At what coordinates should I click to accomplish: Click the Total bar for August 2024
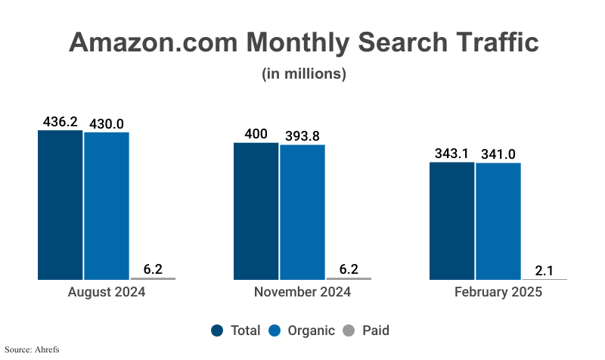60,204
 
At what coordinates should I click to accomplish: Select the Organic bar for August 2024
107,206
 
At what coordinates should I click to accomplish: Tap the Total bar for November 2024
256,211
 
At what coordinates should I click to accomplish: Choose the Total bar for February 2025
451,221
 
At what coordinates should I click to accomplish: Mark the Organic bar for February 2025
498,222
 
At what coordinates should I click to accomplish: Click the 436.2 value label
60,121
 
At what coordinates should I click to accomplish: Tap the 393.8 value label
302,135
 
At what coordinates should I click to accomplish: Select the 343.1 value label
451,154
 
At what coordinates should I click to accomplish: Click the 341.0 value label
498,154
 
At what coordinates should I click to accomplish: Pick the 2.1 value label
544,270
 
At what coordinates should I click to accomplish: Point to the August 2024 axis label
107,292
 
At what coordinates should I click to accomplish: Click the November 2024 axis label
302,292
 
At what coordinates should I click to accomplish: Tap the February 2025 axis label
498,292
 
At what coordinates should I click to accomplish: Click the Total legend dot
218,331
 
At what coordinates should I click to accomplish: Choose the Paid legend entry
366,331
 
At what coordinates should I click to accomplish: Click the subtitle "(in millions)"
303,74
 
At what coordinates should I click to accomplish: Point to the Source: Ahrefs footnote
32,349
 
